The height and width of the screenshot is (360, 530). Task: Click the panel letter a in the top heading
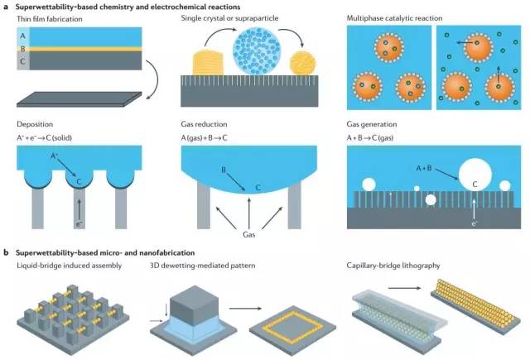point(6,7)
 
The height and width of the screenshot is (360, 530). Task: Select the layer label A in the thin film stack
point(22,35)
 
